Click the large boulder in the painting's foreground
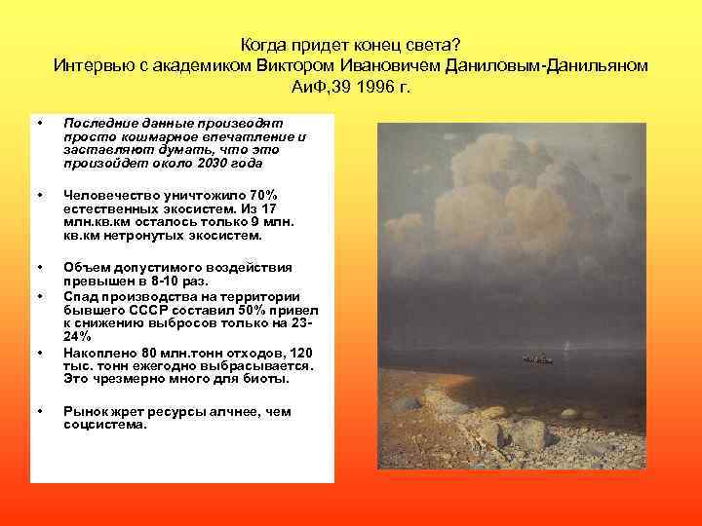(x=530, y=434)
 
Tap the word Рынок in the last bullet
(x=84, y=412)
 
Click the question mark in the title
(x=458, y=44)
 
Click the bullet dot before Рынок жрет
(x=39, y=411)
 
